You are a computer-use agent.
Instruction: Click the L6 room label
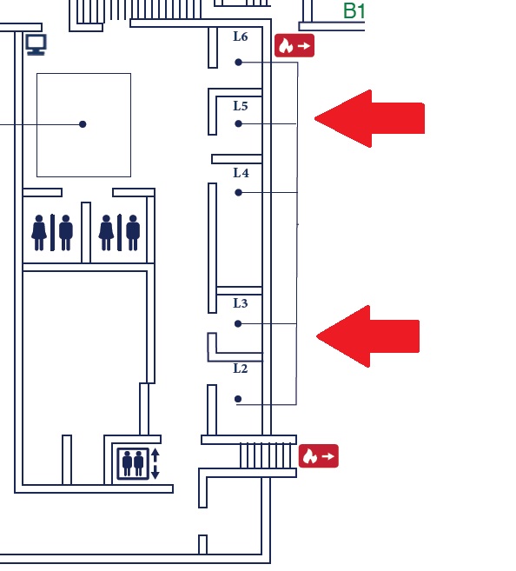[x=240, y=37]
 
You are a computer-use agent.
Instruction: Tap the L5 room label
[x=240, y=106]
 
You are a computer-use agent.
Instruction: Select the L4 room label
[x=241, y=173]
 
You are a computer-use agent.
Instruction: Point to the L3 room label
[x=240, y=303]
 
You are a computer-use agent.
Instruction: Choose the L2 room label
[x=240, y=368]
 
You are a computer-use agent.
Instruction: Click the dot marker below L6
[x=238, y=63]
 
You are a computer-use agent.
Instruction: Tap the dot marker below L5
[x=238, y=123]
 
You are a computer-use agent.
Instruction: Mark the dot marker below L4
[x=238, y=192]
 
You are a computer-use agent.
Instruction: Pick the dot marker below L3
[x=238, y=323]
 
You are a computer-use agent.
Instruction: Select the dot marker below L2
[x=238, y=399]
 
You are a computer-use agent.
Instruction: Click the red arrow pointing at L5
[x=369, y=118]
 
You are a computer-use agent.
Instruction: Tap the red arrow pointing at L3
[x=368, y=336]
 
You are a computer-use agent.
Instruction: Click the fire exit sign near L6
[x=294, y=45]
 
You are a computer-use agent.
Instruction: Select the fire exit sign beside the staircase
[x=319, y=456]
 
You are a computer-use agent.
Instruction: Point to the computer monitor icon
[x=36, y=44]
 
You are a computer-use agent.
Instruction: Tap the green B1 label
[x=354, y=11]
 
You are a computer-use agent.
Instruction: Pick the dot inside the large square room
[x=83, y=124]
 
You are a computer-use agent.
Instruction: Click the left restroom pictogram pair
[x=52, y=233]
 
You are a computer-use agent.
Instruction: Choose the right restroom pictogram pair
[x=119, y=233]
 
